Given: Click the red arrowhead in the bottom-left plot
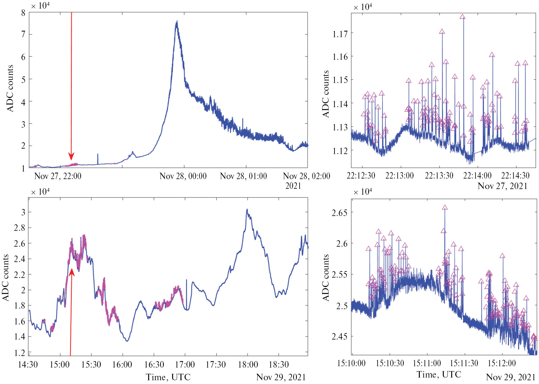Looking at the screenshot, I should pos(72,272).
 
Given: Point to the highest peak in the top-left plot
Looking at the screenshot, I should pos(177,21).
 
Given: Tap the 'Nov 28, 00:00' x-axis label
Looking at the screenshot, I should pos(183,176).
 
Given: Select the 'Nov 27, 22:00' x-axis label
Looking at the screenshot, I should pos(58,176).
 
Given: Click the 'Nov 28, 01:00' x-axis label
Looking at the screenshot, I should pos(243,176).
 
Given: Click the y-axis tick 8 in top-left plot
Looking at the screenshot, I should pos(23,13).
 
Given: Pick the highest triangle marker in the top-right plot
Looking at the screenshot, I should pos(463,17).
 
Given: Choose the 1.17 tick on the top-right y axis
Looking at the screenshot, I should pos(340,34).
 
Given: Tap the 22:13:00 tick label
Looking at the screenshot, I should pos(399,176).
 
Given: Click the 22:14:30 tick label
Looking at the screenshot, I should pos(515,176).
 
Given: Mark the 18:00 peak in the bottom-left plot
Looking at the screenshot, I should pos(247,210).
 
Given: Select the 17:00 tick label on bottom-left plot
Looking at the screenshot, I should pos(185,365).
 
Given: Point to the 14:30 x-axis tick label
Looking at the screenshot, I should pos(28,365).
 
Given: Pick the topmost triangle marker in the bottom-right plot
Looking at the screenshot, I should pos(445,207).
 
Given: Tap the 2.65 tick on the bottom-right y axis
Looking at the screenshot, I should pos(339,213).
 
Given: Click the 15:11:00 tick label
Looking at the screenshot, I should pos(427,363).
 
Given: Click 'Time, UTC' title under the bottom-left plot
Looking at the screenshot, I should pos(168,377).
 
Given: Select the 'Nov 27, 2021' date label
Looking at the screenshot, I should pos(502,186).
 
